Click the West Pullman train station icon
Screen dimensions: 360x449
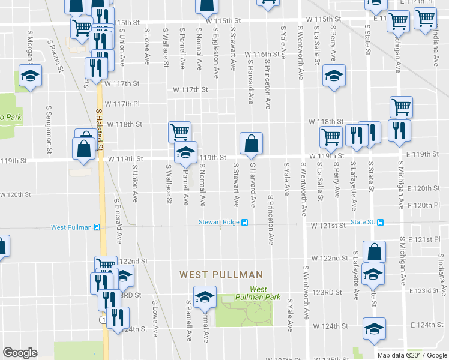[97, 227]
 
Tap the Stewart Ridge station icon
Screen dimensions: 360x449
[245, 223]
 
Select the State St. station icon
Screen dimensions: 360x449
[381, 223]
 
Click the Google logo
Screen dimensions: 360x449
[20, 353]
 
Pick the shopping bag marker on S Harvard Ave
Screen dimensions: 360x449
[250, 144]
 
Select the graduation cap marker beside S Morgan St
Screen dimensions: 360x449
[29, 78]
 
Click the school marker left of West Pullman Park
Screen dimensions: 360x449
[205, 296]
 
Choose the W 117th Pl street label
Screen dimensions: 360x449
[124, 104]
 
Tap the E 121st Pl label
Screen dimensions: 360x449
[423, 239]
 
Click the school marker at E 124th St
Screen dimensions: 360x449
[374, 329]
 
